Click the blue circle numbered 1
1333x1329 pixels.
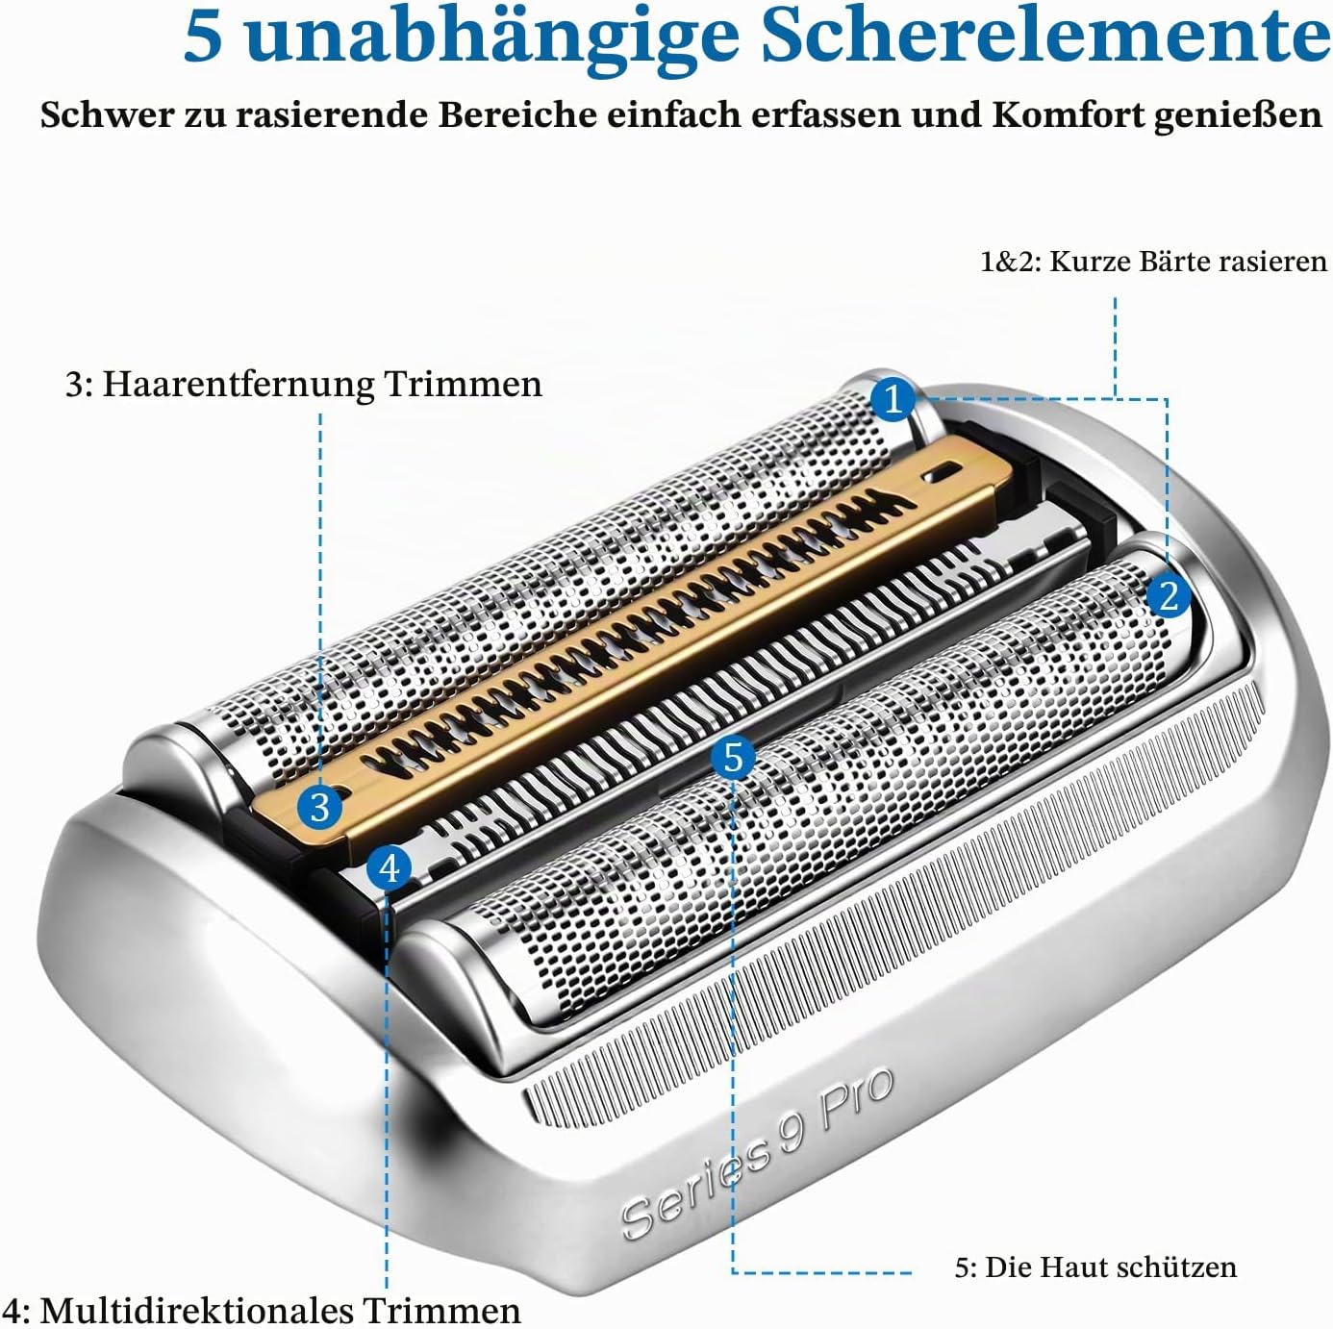point(893,398)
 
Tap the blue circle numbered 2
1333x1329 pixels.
point(1169,596)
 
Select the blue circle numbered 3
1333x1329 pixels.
point(319,808)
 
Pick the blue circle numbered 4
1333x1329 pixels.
point(390,867)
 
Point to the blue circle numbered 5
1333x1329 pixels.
point(733,758)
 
